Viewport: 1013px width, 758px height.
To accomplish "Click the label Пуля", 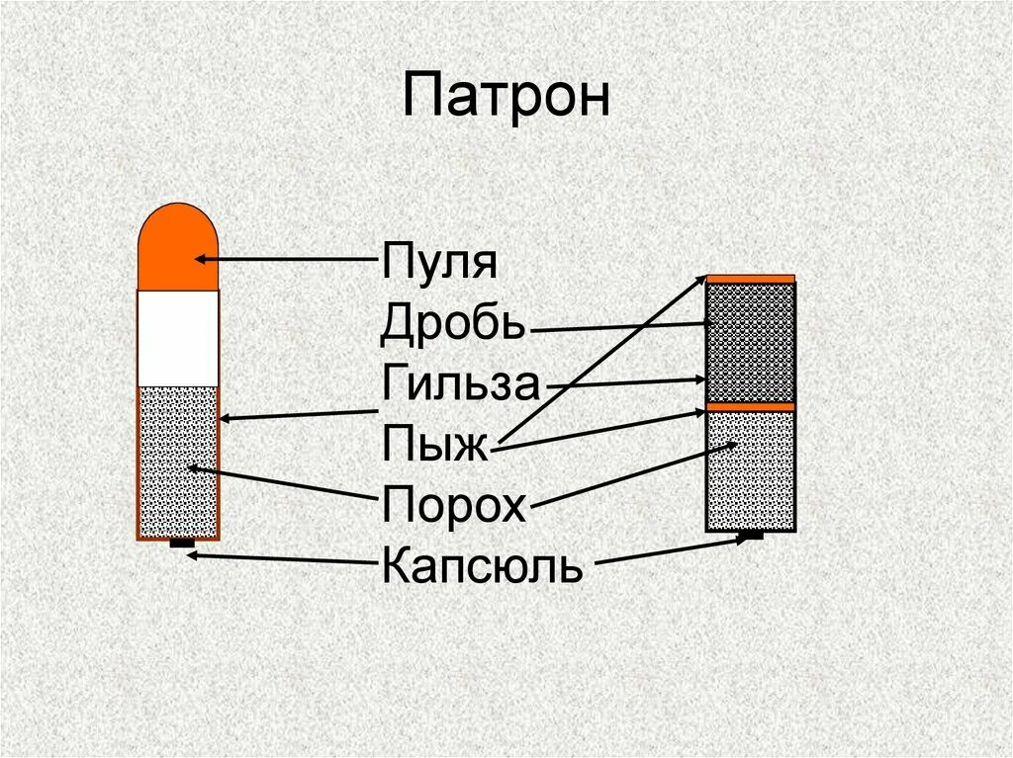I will tap(438, 264).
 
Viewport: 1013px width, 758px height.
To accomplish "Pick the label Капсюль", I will tap(482, 566).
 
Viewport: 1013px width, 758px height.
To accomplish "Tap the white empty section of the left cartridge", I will tap(177, 338).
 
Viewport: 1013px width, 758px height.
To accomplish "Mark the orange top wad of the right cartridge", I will tap(750, 278).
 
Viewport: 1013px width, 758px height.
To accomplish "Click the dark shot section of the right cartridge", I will tap(750, 342).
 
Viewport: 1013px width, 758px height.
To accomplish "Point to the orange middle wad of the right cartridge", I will tap(750, 406).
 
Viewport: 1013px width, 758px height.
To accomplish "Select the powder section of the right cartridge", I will tap(750, 469).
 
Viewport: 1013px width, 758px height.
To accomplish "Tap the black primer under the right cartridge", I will tap(752, 535).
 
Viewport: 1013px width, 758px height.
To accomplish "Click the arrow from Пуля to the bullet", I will tap(287, 260).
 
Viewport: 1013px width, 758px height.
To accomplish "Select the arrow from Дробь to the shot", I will tap(623, 326).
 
